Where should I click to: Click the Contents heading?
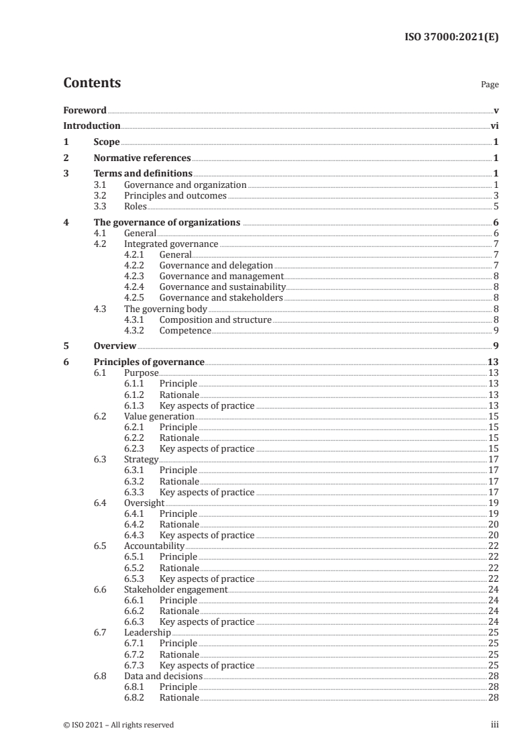pos(92,83)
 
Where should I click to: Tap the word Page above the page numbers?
pos(490,85)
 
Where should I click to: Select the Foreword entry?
pos(85,110)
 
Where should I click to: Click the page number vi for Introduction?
pos(494,125)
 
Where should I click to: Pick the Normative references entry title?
pos(142,158)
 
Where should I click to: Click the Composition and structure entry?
pos(215,320)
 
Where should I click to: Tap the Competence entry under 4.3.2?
pos(185,331)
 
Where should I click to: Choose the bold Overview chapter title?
pos(115,346)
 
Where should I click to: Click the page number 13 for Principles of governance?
pos(492,362)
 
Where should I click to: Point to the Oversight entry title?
pos(144,503)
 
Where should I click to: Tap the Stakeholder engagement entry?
pos(176,589)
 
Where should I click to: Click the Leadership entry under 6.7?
pos(147,633)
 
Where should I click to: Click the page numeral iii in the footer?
pos(494,725)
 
